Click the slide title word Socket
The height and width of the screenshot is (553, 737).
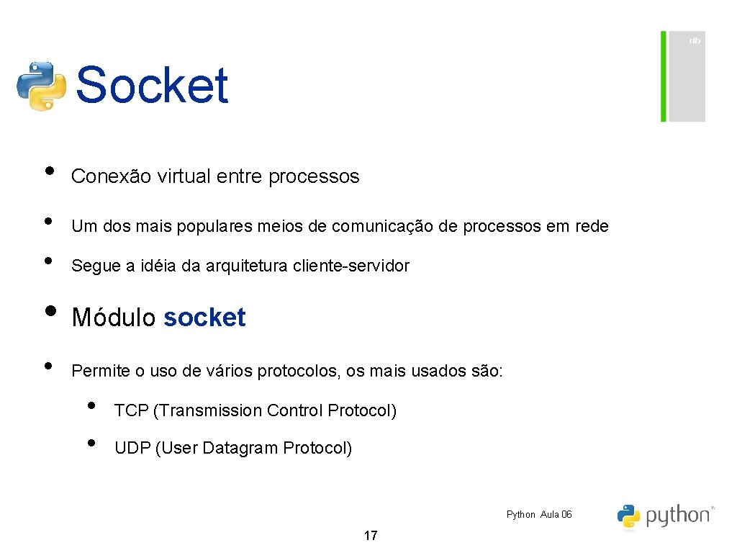(152, 86)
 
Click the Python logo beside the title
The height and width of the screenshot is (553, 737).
(41, 86)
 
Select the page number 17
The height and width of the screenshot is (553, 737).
(371, 536)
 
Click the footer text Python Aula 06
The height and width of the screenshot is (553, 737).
(539, 514)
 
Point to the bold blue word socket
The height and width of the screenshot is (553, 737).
(204, 318)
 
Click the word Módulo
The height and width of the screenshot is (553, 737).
(114, 318)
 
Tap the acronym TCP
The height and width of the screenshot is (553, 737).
(131, 410)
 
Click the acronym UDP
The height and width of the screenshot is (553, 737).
(132, 448)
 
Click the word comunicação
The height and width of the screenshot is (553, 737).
(381, 226)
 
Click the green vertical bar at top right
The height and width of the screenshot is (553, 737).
(664, 76)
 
